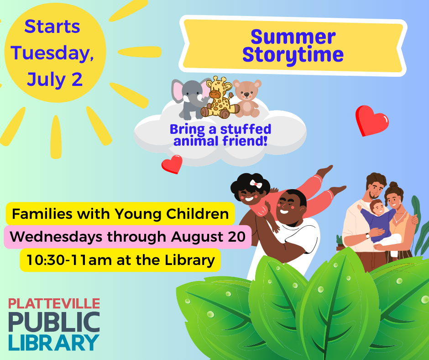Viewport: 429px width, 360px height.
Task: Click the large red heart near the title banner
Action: click(x=371, y=120)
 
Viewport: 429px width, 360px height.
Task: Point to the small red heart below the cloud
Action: click(x=172, y=164)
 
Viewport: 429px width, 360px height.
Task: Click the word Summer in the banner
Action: click(x=293, y=37)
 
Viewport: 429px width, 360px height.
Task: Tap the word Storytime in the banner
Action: click(x=293, y=55)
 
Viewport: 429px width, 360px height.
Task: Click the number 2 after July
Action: click(x=76, y=79)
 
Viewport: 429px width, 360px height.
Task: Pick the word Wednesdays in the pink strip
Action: click(x=50, y=237)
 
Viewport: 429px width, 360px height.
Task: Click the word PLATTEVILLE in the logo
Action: click(x=54, y=303)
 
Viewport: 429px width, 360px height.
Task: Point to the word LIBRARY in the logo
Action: click(x=54, y=342)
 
